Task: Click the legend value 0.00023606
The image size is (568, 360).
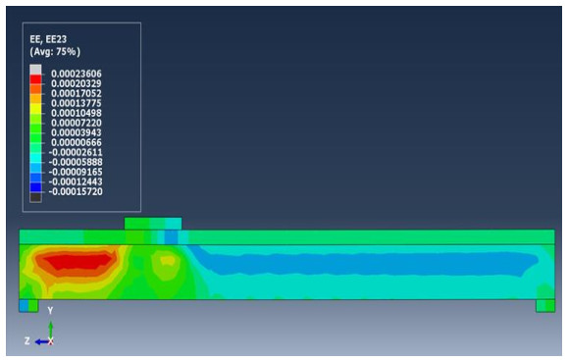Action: pyautogui.click(x=77, y=74)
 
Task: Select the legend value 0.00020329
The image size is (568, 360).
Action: pyautogui.click(x=77, y=83)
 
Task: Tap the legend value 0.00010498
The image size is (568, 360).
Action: pyautogui.click(x=77, y=113)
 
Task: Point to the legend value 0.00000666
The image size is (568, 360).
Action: pyautogui.click(x=77, y=142)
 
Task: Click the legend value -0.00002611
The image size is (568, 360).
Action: pyautogui.click(x=76, y=152)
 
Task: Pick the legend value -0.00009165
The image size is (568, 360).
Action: pyautogui.click(x=76, y=172)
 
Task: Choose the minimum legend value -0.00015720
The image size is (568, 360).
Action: pyautogui.click(x=76, y=191)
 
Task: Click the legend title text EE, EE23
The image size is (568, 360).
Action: pyautogui.click(x=48, y=39)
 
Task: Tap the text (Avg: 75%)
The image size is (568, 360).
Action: pyautogui.click(x=55, y=52)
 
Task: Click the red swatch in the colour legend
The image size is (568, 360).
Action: pyautogui.click(x=35, y=79)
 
